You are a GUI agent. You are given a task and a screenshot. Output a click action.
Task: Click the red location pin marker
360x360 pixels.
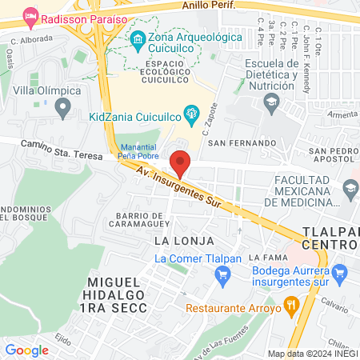point(181,162)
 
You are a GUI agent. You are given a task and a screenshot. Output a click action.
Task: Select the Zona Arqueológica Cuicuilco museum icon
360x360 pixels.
point(138,38)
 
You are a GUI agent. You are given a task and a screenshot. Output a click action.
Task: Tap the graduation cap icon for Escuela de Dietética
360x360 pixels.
point(272,102)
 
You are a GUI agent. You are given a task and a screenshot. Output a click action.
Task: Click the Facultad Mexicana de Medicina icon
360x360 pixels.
point(350,190)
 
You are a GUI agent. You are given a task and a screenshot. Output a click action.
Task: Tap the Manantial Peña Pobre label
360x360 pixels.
point(138,151)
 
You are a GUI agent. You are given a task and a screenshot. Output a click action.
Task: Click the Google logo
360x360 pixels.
point(27,350)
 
